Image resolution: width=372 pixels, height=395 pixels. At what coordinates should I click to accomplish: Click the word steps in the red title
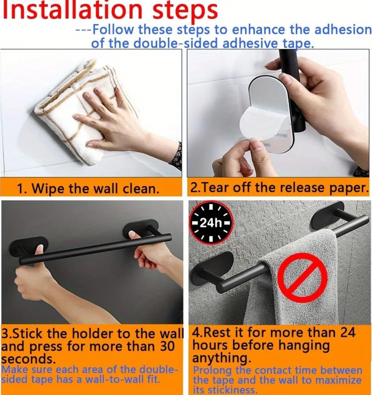[x=185, y=12]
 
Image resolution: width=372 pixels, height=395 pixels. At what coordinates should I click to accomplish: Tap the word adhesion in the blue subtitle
[x=343, y=30]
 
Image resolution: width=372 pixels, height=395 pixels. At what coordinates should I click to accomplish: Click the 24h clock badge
[x=211, y=222]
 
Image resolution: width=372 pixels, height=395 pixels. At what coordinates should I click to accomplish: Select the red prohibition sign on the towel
[x=302, y=278]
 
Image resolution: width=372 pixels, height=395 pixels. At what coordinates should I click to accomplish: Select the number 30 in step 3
[x=167, y=346]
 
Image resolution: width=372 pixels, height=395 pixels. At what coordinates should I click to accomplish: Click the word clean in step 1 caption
[x=141, y=189]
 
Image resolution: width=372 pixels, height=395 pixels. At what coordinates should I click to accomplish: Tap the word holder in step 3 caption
[x=93, y=333]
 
